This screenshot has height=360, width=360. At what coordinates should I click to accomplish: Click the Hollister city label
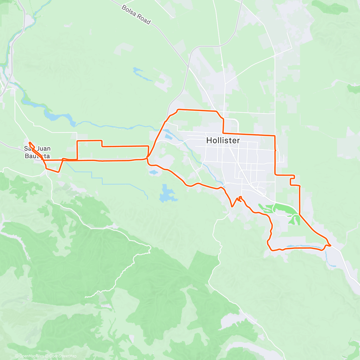[223, 140]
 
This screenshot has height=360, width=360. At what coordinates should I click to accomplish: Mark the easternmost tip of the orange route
[331, 246]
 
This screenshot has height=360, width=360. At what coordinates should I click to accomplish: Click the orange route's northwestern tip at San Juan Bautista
[29, 142]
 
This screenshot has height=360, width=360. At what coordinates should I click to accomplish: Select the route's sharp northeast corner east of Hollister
[275, 136]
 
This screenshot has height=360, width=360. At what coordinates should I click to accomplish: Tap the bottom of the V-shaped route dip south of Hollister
[232, 206]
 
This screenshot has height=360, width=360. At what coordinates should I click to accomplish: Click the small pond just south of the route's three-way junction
[153, 172]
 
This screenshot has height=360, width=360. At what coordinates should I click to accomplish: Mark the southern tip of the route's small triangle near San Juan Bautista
[58, 172]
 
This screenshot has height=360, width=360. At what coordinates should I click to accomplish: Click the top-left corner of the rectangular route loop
[77, 141]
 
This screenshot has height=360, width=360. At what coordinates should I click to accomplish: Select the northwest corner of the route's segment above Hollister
[178, 110]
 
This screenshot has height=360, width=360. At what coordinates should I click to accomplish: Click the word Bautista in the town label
[37, 156]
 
